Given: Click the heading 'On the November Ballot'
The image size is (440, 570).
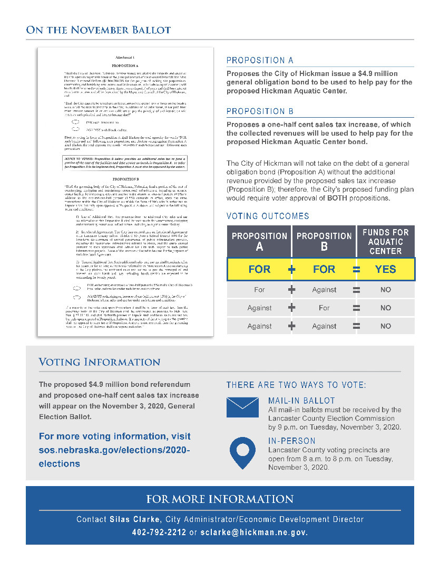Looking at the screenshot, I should point(98,30).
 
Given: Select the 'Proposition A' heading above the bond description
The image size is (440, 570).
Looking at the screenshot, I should point(260,60).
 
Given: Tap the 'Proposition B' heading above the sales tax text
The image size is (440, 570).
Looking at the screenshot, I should point(260,111).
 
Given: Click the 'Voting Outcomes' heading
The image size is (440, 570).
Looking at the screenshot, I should point(268,216).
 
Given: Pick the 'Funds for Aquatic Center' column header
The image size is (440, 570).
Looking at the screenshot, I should point(385,241).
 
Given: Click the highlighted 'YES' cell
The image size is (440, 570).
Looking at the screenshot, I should point(385,269).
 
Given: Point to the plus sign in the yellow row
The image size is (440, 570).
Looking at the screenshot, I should point(292,269).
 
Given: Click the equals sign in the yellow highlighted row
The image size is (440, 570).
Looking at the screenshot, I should point(356,269).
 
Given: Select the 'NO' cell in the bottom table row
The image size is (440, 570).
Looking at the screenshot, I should point(385,326).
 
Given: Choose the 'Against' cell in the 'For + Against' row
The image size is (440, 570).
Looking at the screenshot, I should point(324,290).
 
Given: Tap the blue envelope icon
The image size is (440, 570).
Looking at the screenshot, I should point(242,407).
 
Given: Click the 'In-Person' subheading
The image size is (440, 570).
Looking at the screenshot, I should point(291,441).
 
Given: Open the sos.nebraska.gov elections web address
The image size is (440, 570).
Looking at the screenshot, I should point(114,450).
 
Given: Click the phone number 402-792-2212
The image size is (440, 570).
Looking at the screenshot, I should point(159,532).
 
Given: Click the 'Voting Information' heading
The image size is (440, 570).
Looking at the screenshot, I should point(100,362).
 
